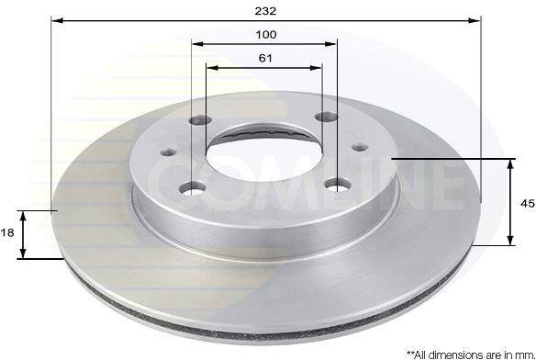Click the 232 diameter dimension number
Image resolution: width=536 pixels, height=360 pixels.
tap(265, 11)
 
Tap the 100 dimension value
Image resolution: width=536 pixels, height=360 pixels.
tap(266, 35)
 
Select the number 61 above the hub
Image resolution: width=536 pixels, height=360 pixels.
tap(265, 58)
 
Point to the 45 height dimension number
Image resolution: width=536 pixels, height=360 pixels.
tap(527, 204)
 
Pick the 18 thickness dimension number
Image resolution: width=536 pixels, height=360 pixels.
tap(7, 232)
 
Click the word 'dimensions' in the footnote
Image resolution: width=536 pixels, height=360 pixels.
tap(451, 354)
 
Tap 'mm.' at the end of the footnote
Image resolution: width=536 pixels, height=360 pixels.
tap(526, 354)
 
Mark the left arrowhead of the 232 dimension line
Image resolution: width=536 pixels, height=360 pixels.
tap(58, 21)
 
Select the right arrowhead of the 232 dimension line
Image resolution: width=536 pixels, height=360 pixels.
tap(475, 21)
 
